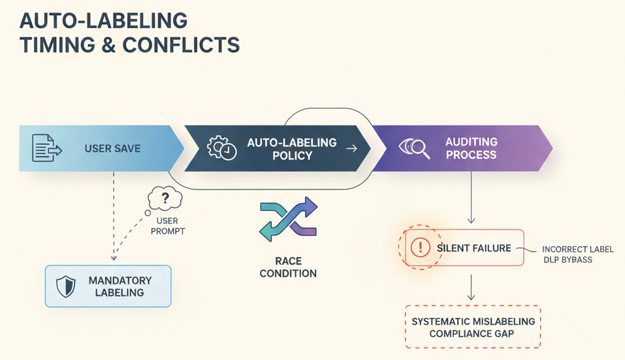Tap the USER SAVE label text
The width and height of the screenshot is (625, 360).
tap(112, 149)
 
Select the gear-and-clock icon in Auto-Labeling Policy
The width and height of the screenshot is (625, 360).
tap(221, 148)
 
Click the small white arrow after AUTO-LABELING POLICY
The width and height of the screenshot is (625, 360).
tap(351, 149)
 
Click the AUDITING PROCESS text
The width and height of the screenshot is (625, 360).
tap(471, 148)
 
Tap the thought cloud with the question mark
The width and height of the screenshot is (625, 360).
tap(165, 197)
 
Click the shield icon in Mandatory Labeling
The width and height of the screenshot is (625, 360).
tap(66, 286)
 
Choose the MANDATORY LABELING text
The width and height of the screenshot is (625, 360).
tap(120, 286)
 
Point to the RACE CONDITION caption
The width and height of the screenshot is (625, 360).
tap(288, 267)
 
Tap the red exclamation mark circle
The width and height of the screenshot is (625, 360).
tap(420, 248)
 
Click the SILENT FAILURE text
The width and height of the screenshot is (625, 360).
tap(474, 248)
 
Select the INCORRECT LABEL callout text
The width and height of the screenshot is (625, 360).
tap(577, 250)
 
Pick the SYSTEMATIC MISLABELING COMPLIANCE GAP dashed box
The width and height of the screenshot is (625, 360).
tap(473, 327)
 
